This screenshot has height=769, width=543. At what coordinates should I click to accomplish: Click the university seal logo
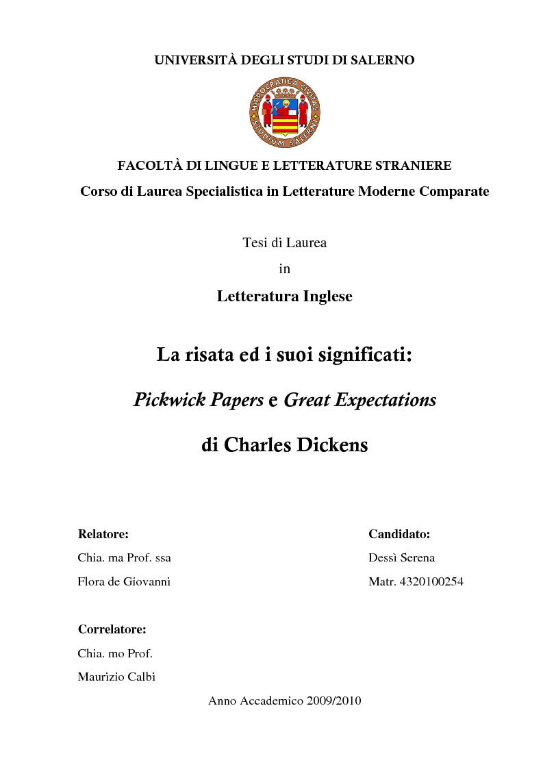coord(284,113)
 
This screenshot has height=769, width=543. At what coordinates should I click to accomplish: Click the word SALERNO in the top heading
coord(383,60)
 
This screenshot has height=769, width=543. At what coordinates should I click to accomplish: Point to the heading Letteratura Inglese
coord(284,297)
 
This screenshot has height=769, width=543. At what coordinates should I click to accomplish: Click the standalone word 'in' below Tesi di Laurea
coord(284,269)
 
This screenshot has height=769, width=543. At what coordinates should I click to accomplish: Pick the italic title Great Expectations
coord(359,400)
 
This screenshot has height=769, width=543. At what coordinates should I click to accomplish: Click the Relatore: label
coord(103,534)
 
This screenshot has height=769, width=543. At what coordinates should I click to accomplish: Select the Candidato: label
coord(399,534)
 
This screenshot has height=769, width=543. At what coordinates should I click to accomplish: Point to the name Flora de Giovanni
coord(124,582)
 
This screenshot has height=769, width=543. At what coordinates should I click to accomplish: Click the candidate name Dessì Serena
coord(401,558)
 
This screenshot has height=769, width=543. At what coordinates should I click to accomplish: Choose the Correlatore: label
coord(112,629)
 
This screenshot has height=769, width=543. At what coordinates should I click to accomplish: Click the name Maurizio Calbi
coord(116,677)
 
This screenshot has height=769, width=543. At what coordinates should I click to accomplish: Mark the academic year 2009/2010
coord(336,701)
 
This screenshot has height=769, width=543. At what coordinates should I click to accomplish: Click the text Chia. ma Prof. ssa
coord(125,558)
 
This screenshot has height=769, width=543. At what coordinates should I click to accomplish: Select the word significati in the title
coord(366,355)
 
